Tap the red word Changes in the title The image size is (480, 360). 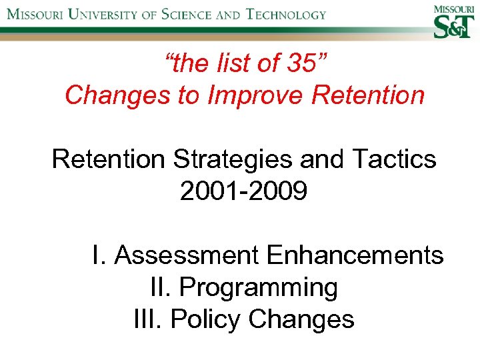(x=113, y=95)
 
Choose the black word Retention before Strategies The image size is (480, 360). (x=108, y=159)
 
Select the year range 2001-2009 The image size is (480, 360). (x=244, y=191)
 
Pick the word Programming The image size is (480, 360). (x=259, y=288)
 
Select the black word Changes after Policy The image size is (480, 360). (x=301, y=319)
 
